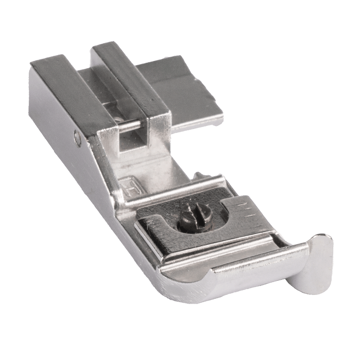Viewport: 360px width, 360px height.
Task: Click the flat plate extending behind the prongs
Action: click(x=181, y=92)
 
